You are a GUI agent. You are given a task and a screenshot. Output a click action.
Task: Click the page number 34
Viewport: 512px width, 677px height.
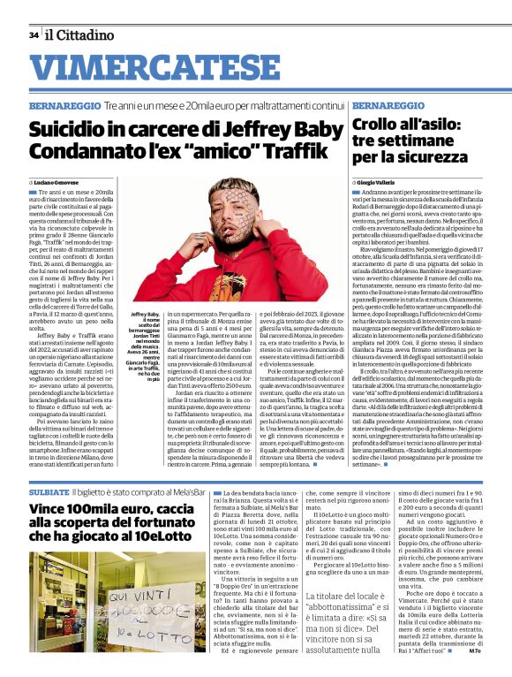pyautogui.click(x=33, y=34)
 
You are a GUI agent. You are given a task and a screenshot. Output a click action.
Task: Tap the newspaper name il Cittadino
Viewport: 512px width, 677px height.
pyautogui.click(x=80, y=34)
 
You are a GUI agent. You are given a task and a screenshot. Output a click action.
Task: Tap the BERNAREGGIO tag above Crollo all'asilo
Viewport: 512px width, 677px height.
pyautogui.click(x=385, y=105)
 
